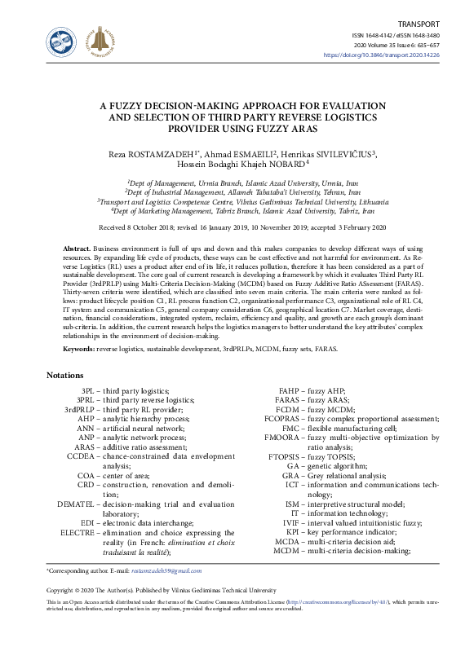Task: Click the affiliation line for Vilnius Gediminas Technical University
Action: click(236, 201)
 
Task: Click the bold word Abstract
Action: click(78, 247)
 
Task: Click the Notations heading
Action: click(65, 376)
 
